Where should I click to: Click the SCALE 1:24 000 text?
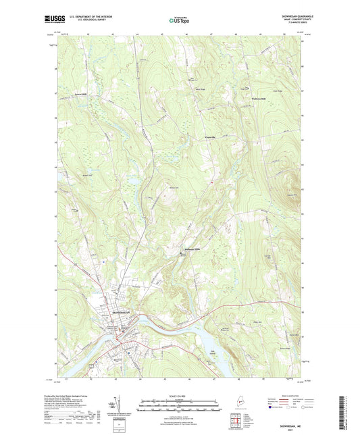pyautogui.click(x=179, y=396)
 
